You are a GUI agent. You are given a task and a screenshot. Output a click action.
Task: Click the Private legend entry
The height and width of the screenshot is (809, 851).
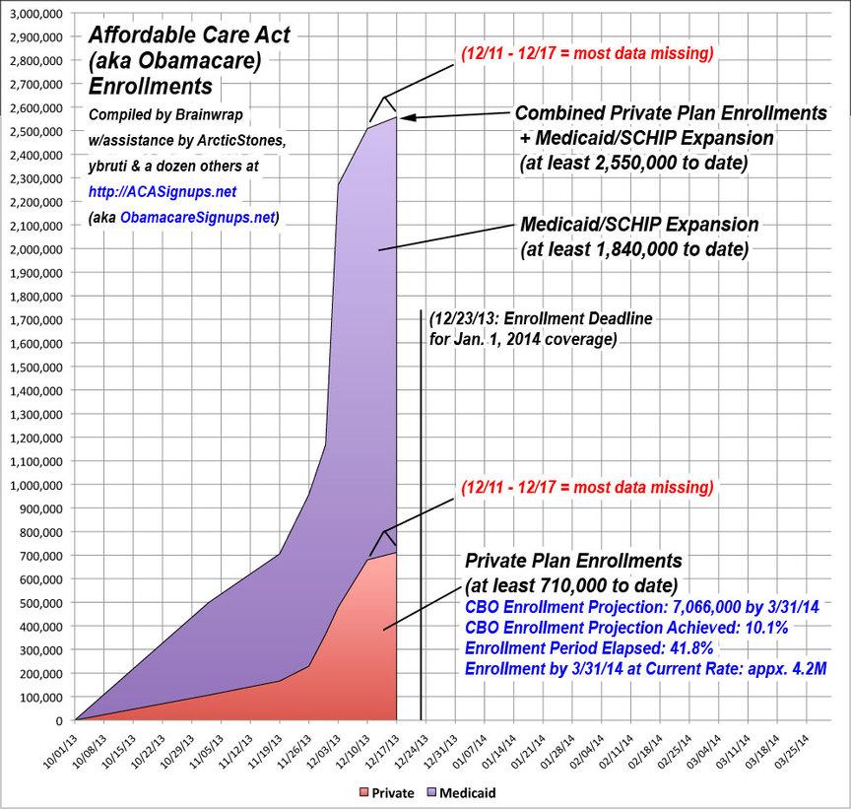point(386,790)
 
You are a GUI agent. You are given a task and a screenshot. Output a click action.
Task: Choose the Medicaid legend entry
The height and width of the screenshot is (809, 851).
point(456,790)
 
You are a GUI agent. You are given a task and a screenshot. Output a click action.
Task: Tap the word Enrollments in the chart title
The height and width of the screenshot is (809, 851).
point(150,85)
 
